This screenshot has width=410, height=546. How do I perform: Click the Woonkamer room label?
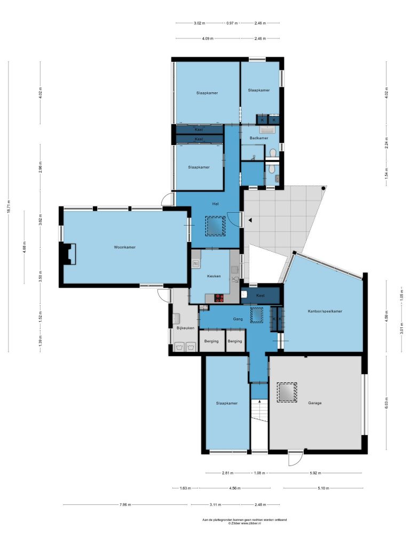point(124,247)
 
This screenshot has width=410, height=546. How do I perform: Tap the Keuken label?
point(214,276)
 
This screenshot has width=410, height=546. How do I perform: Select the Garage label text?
point(314,403)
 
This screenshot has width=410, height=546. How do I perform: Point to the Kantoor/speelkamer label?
point(325,311)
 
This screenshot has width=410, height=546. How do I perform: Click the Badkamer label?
point(259,138)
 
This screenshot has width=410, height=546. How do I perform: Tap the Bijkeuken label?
point(185,328)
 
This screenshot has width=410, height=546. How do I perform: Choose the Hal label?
point(216,204)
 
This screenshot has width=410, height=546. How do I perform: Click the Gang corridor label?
point(238,319)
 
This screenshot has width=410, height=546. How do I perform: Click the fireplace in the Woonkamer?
point(68,254)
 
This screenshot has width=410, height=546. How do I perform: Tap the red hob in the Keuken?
point(219,298)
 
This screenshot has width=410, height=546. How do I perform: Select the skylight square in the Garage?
point(287,392)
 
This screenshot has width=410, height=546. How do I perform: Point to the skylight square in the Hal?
point(215,226)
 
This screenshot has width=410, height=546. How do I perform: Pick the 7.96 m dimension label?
point(125,504)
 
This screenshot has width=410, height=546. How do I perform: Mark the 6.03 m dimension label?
point(387,403)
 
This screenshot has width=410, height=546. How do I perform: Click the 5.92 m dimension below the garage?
point(315,473)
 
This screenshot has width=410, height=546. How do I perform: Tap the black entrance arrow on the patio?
point(250,220)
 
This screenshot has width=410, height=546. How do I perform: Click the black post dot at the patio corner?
point(324,188)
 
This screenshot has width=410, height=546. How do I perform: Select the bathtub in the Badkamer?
point(267,130)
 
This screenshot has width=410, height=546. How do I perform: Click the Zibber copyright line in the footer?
point(245,523)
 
